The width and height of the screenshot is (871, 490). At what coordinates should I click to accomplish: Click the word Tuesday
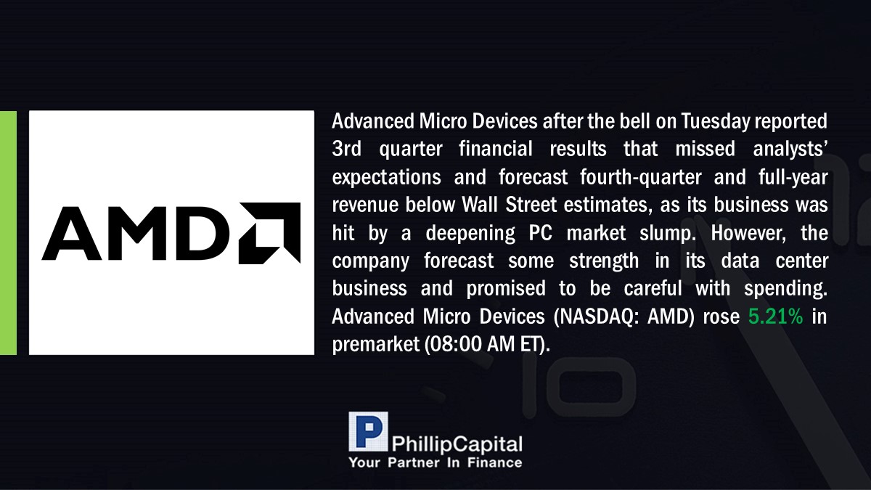tap(716, 122)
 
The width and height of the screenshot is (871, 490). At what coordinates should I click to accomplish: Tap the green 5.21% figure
tap(776, 317)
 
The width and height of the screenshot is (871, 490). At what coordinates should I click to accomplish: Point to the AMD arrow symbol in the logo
tap(269, 233)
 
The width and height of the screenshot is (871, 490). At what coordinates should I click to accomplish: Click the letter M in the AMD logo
tap(136, 233)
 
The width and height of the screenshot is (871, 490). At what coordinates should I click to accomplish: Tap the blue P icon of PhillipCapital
tap(368, 431)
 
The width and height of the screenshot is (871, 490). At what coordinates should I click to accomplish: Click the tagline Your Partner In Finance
tap(435, 463)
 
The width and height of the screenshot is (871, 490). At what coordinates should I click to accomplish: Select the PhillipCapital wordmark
tap(457, 444)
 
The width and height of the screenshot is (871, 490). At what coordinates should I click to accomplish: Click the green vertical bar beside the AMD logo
tap(8, 233)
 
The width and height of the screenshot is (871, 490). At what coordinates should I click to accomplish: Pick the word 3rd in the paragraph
tap(346, 149)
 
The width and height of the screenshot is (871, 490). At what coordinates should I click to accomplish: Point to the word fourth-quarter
tap(641, 177)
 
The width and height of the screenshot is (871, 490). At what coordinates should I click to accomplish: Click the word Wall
tap(481, 205)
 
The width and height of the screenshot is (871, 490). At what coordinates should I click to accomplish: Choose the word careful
tap(653, 289)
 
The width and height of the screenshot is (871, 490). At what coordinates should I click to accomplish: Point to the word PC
tap(541, 233)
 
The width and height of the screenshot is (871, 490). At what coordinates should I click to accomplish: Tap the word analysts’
tap(790, 150)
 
